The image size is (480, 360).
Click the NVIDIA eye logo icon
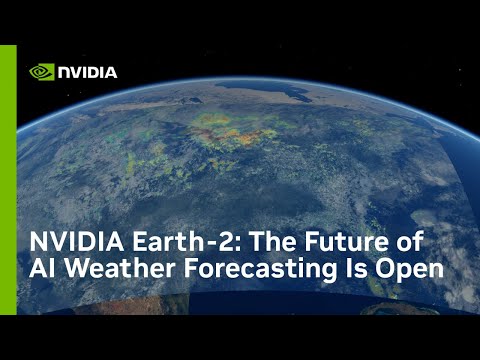coord(41,72)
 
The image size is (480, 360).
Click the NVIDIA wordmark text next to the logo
coord(87,72)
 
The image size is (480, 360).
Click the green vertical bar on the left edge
coord(8,180)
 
